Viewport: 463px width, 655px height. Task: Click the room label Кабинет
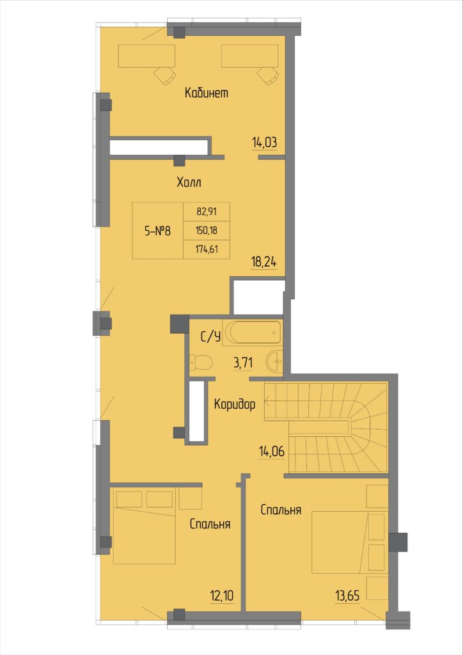tap(207, 93)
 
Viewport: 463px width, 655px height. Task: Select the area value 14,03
tap(265, 143)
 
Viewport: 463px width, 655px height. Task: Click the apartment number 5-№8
tap(157, 230)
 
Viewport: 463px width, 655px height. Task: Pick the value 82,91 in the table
tap(207, 211)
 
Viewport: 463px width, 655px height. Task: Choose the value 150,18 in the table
tap(207, 230)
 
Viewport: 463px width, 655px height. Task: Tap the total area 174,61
tap(207, 249)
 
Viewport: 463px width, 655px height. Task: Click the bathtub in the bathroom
tap(252, 333)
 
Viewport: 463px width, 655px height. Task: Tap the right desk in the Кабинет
tap(249, 56)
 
